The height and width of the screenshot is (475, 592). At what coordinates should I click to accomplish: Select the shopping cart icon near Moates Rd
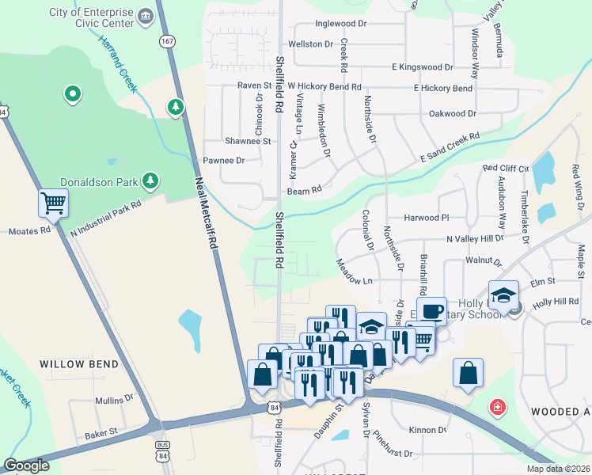click(x=53, y=203)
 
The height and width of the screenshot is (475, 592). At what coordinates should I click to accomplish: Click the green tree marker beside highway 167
click(x=176, y=106)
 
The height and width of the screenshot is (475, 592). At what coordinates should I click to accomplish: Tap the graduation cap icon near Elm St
click(x=503, y=295)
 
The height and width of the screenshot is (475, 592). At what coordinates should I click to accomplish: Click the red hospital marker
click(x=497, y=408)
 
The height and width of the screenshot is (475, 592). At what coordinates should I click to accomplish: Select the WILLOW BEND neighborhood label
click(x=78, y=365)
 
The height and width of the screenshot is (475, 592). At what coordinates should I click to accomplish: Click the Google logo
click(x=26, y=465)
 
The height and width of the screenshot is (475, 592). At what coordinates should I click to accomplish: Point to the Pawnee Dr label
click(x=224, y=160)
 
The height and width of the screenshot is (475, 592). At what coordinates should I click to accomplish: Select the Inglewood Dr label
click(x=340, y=24)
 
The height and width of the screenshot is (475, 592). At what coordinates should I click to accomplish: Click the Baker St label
click(x=101, y=432)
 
